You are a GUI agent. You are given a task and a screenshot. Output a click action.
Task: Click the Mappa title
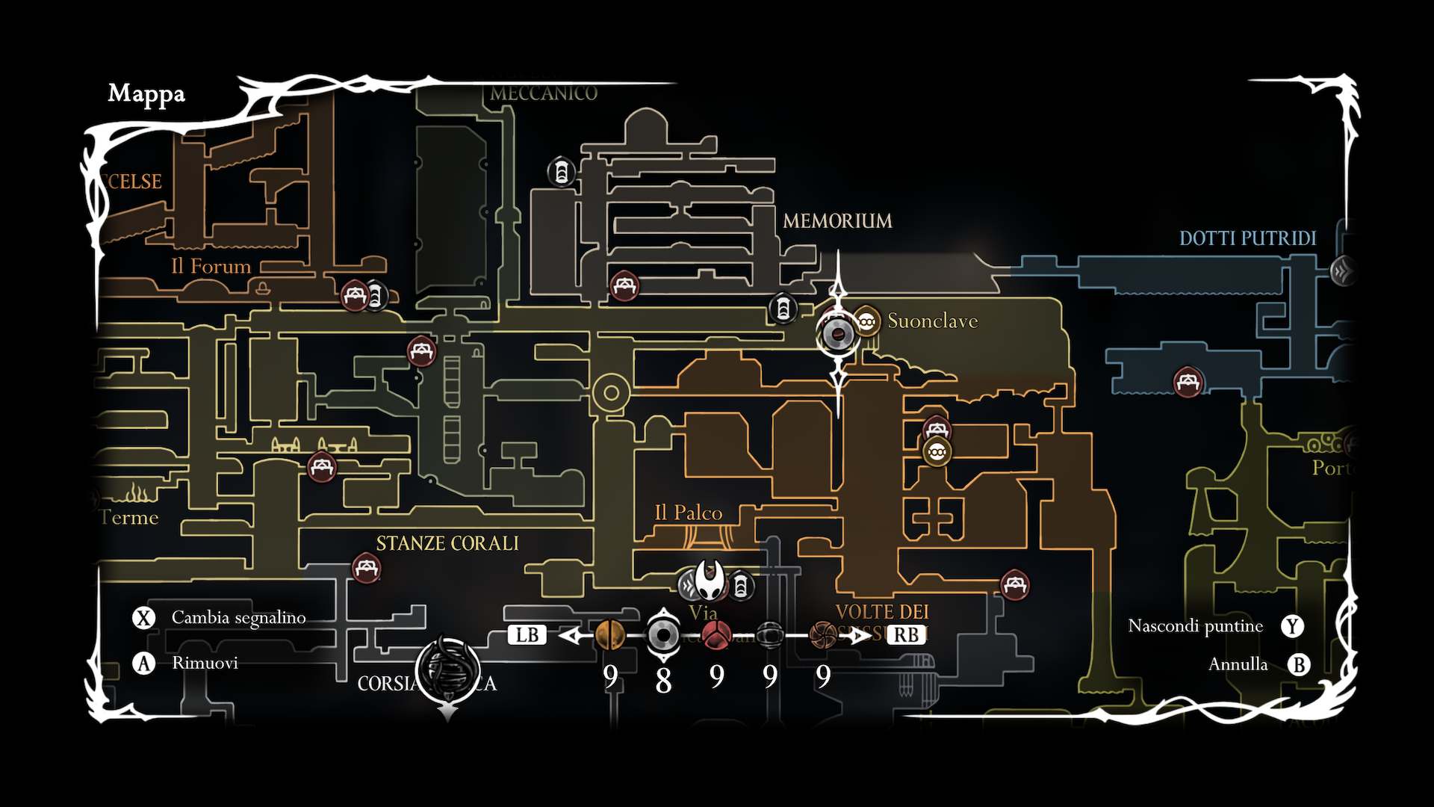coord(146,94)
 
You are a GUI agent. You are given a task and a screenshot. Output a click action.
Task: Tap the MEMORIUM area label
coord(837,221)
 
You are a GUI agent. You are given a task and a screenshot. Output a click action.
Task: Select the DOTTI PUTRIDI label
coord(1247,238)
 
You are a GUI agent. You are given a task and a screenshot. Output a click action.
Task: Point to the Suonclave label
coord(932,321)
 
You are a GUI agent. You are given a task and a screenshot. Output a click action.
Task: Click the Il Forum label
coord(211,267)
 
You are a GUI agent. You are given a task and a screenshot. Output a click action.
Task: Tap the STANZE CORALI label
coord(447,543)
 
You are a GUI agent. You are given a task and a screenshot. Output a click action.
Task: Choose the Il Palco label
coord(688,513)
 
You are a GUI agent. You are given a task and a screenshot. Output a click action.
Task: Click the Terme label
coord(129,518)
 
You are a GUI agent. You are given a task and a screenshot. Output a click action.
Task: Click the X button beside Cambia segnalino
coord(143,618)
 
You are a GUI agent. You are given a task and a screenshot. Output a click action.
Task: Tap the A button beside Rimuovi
coord(143,664)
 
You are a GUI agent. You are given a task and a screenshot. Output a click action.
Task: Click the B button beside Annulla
coord(1299,664)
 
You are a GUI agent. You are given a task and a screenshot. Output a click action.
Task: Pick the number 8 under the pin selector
coord(663,680)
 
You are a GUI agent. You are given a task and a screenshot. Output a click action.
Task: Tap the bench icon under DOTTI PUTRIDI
coord(1188,383)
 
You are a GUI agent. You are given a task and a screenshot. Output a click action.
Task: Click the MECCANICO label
coord(544,93)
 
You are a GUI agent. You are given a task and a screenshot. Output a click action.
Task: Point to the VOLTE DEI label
coord(882,612)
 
